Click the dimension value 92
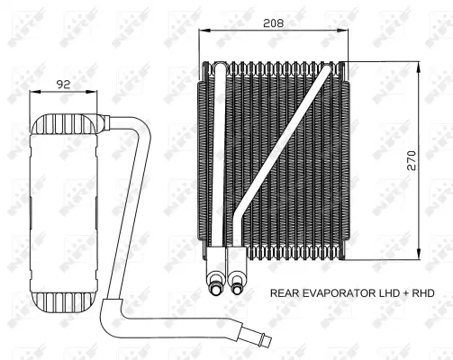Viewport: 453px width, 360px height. coord(64,85)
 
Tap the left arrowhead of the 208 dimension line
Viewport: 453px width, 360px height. coord(203,31)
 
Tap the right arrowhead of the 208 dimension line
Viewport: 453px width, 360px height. coord(345,31)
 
